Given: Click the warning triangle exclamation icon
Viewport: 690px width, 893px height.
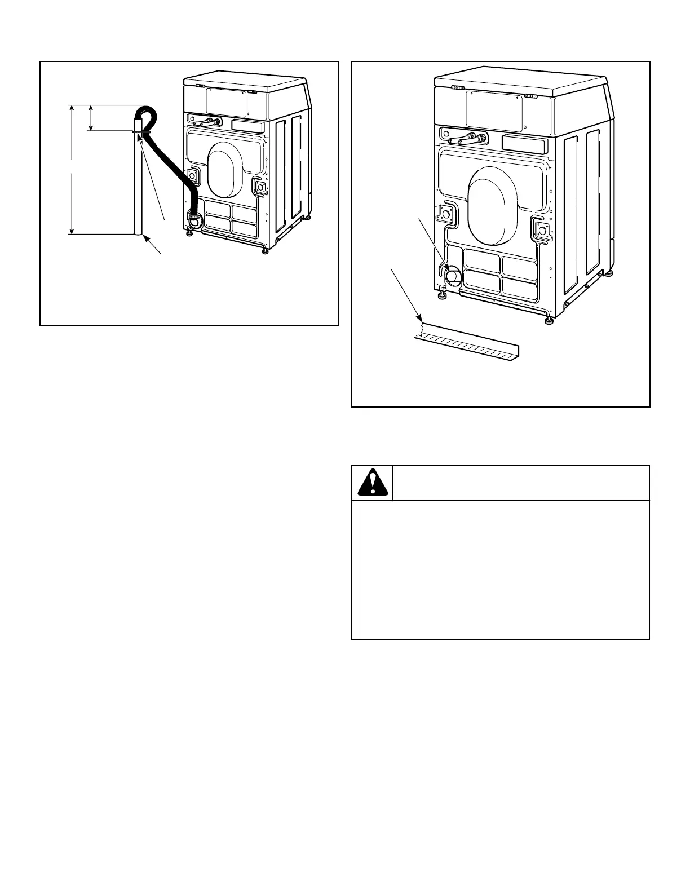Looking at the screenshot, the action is (x=372, y=483).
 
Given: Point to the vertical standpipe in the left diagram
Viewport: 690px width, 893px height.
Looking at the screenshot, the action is (x=138, y=186).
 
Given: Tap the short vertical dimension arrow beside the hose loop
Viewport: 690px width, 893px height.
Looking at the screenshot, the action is (x=91, y=118).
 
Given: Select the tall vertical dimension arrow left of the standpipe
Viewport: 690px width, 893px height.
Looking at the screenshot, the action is (x=72, y=169).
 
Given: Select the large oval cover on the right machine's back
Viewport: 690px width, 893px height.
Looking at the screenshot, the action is (x=492, y=209).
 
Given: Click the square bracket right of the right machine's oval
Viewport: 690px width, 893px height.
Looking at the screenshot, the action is (x=541, y=229).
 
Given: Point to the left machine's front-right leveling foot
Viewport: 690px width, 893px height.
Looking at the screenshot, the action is (x=265, y=250).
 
